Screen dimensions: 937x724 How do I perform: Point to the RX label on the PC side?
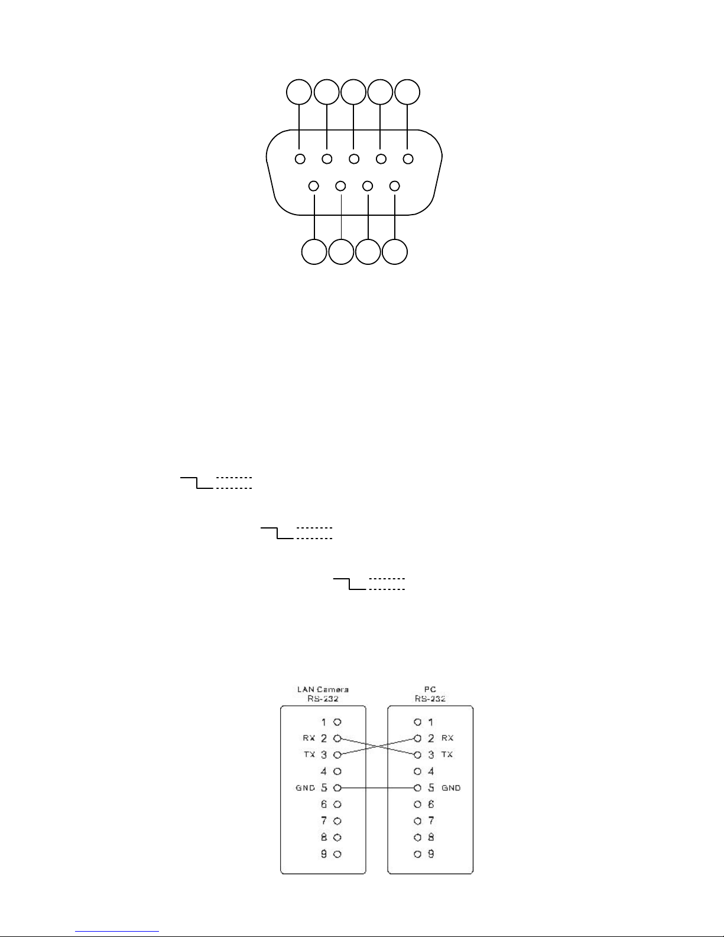click(447, 738)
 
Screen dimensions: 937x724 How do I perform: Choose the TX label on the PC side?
click(447, 755)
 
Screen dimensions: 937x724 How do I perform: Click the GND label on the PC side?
click(451, 788)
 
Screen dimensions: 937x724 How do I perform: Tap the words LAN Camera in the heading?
click(323, 689)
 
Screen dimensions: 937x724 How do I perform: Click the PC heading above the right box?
click(430, 689)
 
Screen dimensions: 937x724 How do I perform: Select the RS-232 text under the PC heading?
click(430, 698)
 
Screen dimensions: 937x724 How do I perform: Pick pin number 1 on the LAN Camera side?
click(324, 722)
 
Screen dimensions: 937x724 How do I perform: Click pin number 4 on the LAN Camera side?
click(324, 771)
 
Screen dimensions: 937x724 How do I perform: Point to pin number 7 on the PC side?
click(431, 821)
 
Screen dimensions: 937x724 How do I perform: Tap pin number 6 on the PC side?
click(431, 805)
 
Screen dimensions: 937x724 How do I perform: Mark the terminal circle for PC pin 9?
click(418, 854)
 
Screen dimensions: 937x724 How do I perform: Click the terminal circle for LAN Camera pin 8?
click(337, 837)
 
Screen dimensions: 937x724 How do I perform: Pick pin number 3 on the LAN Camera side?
click(324, 755)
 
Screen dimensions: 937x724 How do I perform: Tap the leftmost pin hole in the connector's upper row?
click(300, 158)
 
